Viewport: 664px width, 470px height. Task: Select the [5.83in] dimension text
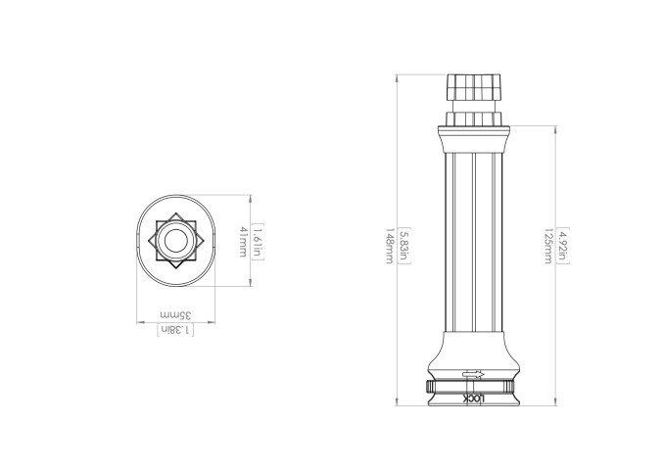[x=403, y=242]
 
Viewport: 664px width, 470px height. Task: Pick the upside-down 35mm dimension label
[x=175, y=316]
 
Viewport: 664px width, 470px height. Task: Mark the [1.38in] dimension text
[x=175, y=330]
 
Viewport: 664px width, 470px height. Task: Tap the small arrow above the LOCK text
[x=473, y=374]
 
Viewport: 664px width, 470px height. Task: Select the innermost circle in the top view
[x=175, y=242]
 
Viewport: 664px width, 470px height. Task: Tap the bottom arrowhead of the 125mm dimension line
[x=556, y=402]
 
